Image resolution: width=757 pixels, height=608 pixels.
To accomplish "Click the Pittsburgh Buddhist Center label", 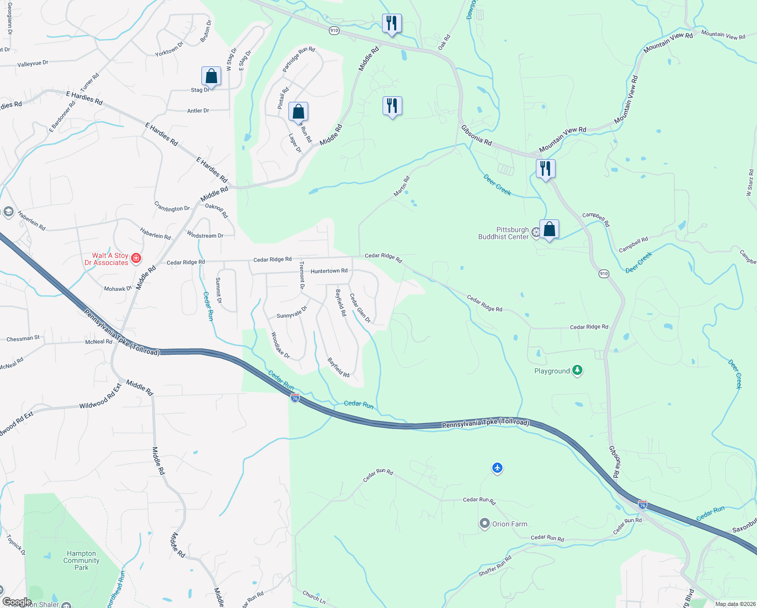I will click(503, 233).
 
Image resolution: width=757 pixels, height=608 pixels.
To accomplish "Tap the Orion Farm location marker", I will click(485, 523).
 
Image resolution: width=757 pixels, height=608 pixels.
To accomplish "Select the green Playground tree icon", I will click(577, 371).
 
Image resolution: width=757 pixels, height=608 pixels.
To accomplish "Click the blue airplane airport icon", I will click(497, 468).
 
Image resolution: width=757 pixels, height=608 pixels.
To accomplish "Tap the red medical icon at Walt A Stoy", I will click(136, 259).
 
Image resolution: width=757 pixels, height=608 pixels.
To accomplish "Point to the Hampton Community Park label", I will click(81, 560).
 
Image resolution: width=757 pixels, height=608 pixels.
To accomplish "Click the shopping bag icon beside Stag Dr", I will click(212, 77).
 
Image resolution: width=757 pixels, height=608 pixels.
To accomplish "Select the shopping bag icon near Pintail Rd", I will click(299, 111).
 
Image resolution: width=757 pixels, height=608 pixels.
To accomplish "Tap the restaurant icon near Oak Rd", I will click(392, 23).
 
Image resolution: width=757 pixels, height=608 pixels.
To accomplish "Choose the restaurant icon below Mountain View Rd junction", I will click(545, 168).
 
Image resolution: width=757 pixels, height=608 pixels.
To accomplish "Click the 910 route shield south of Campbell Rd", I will click(604, 274).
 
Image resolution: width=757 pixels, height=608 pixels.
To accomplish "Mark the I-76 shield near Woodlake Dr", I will click(295, 398).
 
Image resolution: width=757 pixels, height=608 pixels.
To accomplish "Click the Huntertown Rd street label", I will click(329, 271).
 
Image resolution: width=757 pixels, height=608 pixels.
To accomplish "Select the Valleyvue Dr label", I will click(32, 64).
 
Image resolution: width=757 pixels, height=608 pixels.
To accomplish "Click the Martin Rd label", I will click(401, 186).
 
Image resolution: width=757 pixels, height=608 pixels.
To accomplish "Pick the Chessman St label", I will click(23, 338).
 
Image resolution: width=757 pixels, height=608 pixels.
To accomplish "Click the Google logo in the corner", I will click(17, 602).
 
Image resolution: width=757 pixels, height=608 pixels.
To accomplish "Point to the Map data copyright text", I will click(735, 604).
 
